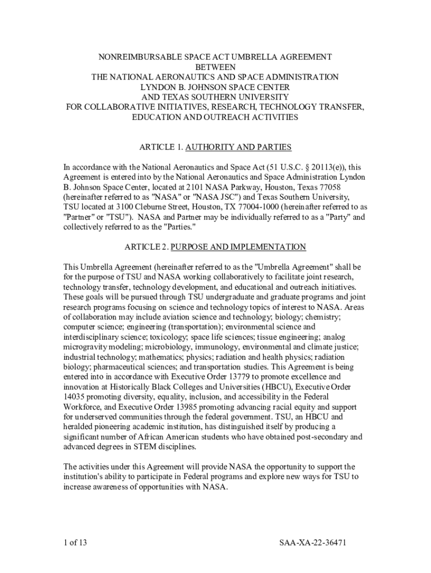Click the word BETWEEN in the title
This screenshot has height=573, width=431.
[215, 67]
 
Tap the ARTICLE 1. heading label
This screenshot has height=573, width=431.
[161, 147]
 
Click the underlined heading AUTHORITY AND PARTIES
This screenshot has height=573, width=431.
[238, 147]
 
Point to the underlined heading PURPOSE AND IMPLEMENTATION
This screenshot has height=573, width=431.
[238, 247]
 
